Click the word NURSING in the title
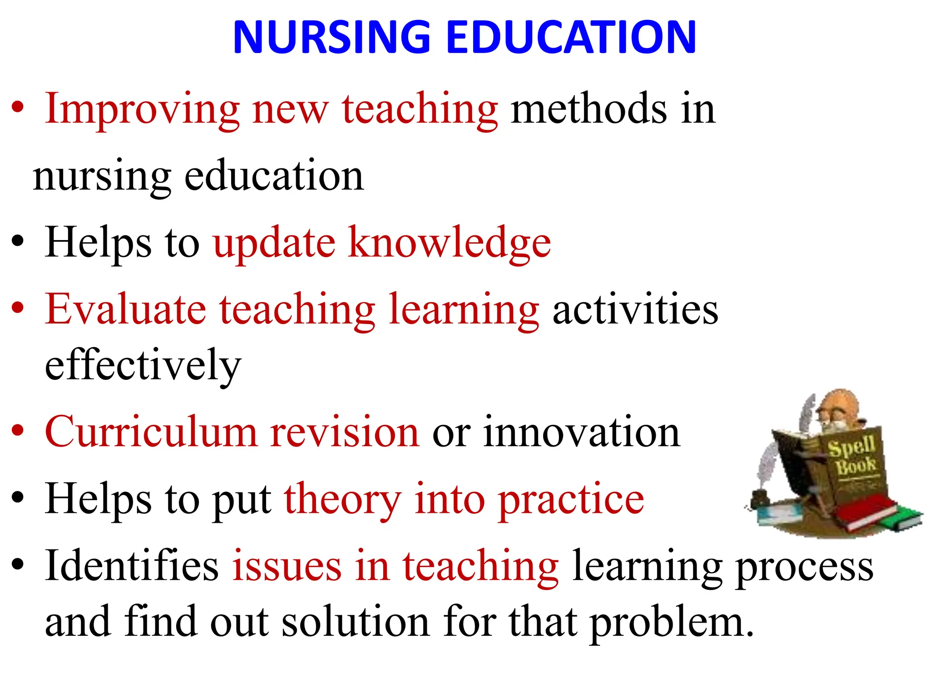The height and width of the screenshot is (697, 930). (331, 37)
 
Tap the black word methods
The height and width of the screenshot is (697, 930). (589, 109)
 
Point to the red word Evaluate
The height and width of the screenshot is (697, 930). (125, 309)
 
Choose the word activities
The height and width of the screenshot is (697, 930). (635, 309)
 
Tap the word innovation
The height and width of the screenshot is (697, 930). (581, 432)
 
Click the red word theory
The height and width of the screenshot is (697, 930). (343, 500)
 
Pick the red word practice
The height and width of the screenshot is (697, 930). (571, 500)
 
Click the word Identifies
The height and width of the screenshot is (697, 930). (132, 566)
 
